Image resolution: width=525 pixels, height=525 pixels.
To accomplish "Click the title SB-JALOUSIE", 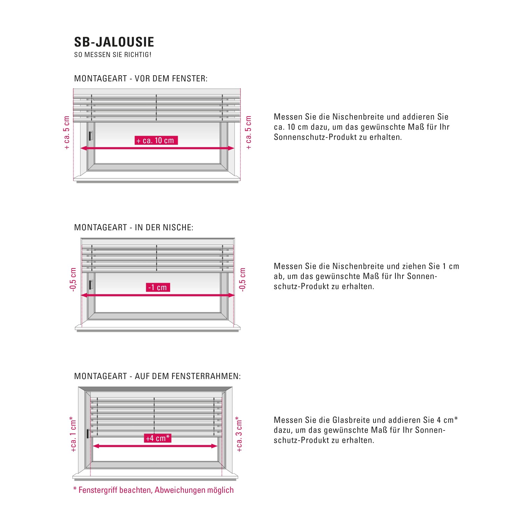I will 114,42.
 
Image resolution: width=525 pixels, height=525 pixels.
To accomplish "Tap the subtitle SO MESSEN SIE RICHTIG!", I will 113,55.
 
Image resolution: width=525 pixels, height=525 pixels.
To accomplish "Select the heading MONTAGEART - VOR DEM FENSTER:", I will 141,79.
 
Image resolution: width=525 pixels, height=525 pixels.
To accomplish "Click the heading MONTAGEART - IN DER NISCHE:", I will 134,227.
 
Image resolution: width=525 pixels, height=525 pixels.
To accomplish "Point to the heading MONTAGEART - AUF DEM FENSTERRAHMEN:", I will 157,376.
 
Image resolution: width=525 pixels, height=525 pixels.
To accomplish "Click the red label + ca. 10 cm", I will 156,141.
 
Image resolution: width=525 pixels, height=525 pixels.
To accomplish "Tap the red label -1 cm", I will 157,287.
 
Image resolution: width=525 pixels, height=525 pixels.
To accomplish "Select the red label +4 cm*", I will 157,438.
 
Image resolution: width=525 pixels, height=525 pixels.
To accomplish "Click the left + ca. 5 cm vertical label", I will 66,133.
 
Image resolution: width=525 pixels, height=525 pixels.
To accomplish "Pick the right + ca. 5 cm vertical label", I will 248,133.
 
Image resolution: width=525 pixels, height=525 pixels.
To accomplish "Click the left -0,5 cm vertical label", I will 73,279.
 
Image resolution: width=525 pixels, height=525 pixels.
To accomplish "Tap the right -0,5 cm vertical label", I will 242,279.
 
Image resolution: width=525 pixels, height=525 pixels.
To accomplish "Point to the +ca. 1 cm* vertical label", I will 73,434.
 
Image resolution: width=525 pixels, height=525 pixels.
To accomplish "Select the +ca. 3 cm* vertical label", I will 239,434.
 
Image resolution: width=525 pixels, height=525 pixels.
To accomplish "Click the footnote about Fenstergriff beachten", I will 153,490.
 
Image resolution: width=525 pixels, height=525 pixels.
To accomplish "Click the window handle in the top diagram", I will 91,136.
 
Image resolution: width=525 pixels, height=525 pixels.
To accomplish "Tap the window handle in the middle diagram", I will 91,285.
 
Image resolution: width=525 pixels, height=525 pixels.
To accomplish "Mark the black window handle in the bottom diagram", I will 87,434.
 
